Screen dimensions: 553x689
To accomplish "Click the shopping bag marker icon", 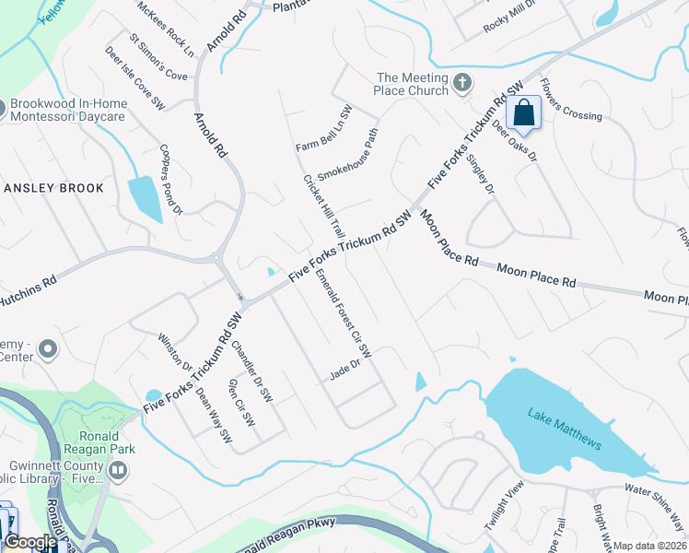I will tap(523, 113).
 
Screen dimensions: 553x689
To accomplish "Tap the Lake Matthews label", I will tap(565, 429).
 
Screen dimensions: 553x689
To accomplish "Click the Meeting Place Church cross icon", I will tap(463, 85).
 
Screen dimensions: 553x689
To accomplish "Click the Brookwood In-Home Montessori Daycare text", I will tap(80, 111).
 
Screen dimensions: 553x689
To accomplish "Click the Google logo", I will tap(30, 542).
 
